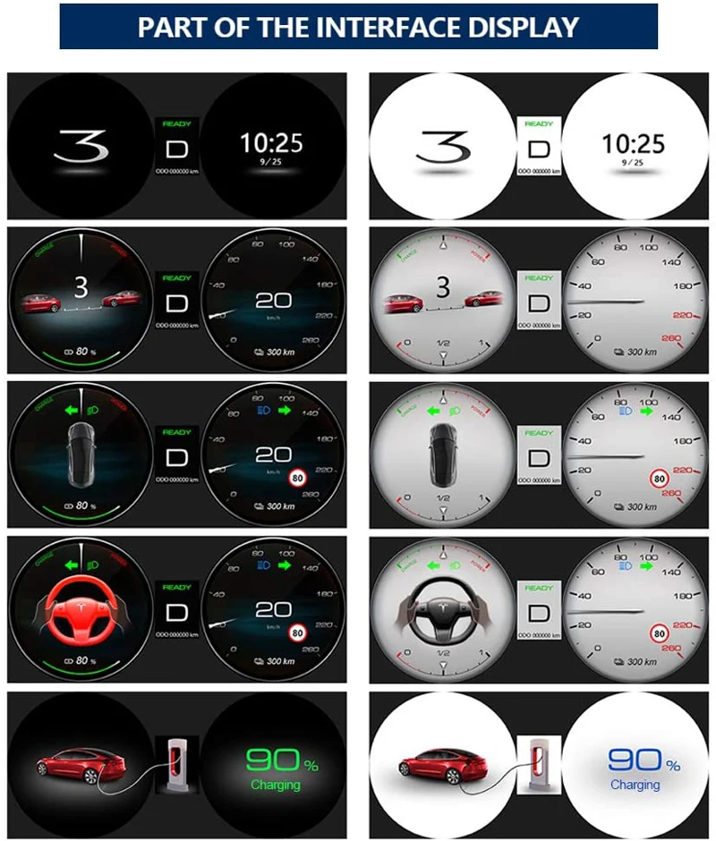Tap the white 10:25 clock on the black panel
coord(271,143)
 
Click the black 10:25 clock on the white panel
coord(633,143)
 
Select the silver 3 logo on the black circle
coord(81,146)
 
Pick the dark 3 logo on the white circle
coord(444,146)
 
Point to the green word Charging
coord(276,786)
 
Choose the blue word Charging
coord(635,786)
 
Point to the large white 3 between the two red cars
coord(81,287)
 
